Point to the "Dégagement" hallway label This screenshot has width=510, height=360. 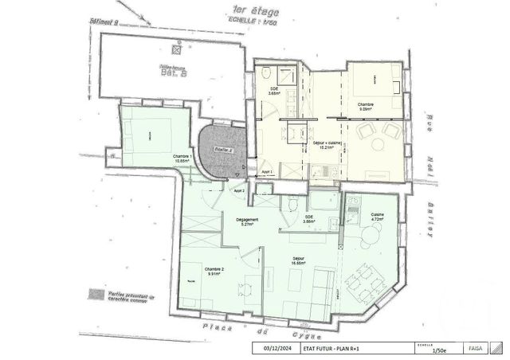(x=248, y=220)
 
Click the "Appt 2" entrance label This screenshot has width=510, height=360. (x=238, y=191)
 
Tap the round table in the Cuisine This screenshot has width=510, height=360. (x=369, y=233)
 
